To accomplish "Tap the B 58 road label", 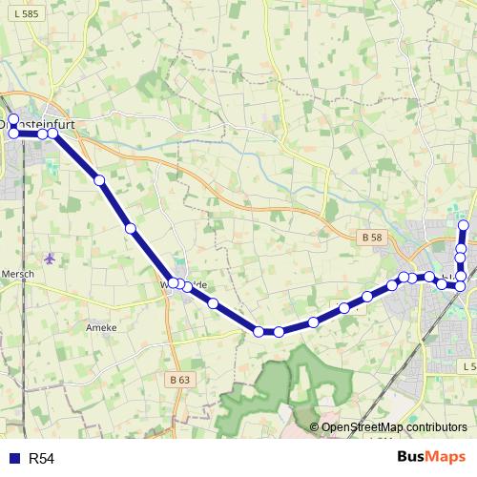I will point(373,235).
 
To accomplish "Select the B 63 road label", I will point(179,379).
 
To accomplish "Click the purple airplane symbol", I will point(50,259).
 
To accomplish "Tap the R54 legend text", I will point(42,459).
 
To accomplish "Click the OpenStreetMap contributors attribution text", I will point(394,427).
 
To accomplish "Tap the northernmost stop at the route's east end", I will point(465,225).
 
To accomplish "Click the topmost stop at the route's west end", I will point(13,120).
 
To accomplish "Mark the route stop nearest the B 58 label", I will point(392,285).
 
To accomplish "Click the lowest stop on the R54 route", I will point(259,331).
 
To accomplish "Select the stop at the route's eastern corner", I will point(461,286).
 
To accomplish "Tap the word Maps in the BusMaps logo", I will point(446,458).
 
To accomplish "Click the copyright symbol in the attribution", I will point(315,427).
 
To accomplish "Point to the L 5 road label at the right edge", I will point(467,366).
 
